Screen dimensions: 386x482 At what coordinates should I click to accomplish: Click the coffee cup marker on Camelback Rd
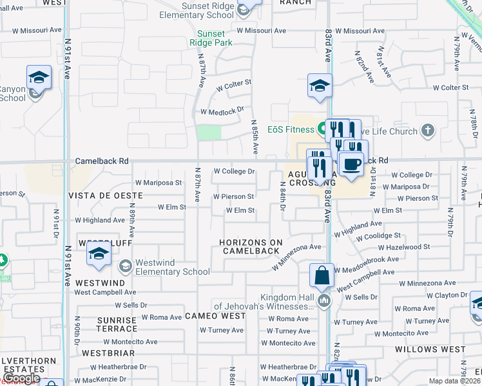[x=351, y=165]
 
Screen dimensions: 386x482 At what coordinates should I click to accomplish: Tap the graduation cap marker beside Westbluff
[x=99, y=254]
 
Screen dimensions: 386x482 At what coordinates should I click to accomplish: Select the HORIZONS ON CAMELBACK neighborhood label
[x=251, y=246]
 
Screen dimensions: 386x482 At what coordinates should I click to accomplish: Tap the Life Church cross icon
[x=427, y=131]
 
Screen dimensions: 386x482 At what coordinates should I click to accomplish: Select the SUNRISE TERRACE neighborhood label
[x=117, y=325]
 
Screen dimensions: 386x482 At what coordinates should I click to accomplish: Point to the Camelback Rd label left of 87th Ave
[x=102, y=161]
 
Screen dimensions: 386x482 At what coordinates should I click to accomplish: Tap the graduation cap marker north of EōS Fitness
[x=320, y=85]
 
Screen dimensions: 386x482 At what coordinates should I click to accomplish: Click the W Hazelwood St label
[x=404, y=247]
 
